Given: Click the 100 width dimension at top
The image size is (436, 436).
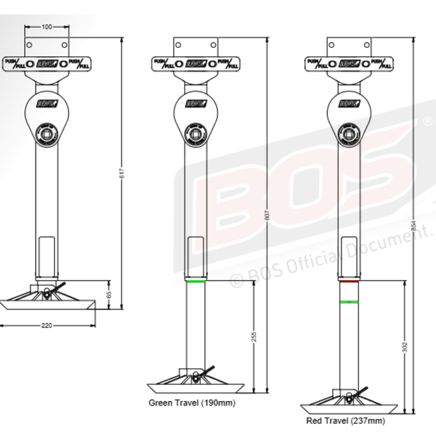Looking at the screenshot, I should coord(47,27).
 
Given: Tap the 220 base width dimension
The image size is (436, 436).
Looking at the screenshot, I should coord(47,325).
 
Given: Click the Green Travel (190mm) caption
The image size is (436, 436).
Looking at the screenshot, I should coord(192,403).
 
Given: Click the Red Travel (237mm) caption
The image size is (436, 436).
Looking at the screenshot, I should coord(351,420).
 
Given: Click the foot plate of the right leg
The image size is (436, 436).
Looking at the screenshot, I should coord(349,408).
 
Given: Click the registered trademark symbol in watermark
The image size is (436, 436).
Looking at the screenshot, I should coord(427,120).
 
